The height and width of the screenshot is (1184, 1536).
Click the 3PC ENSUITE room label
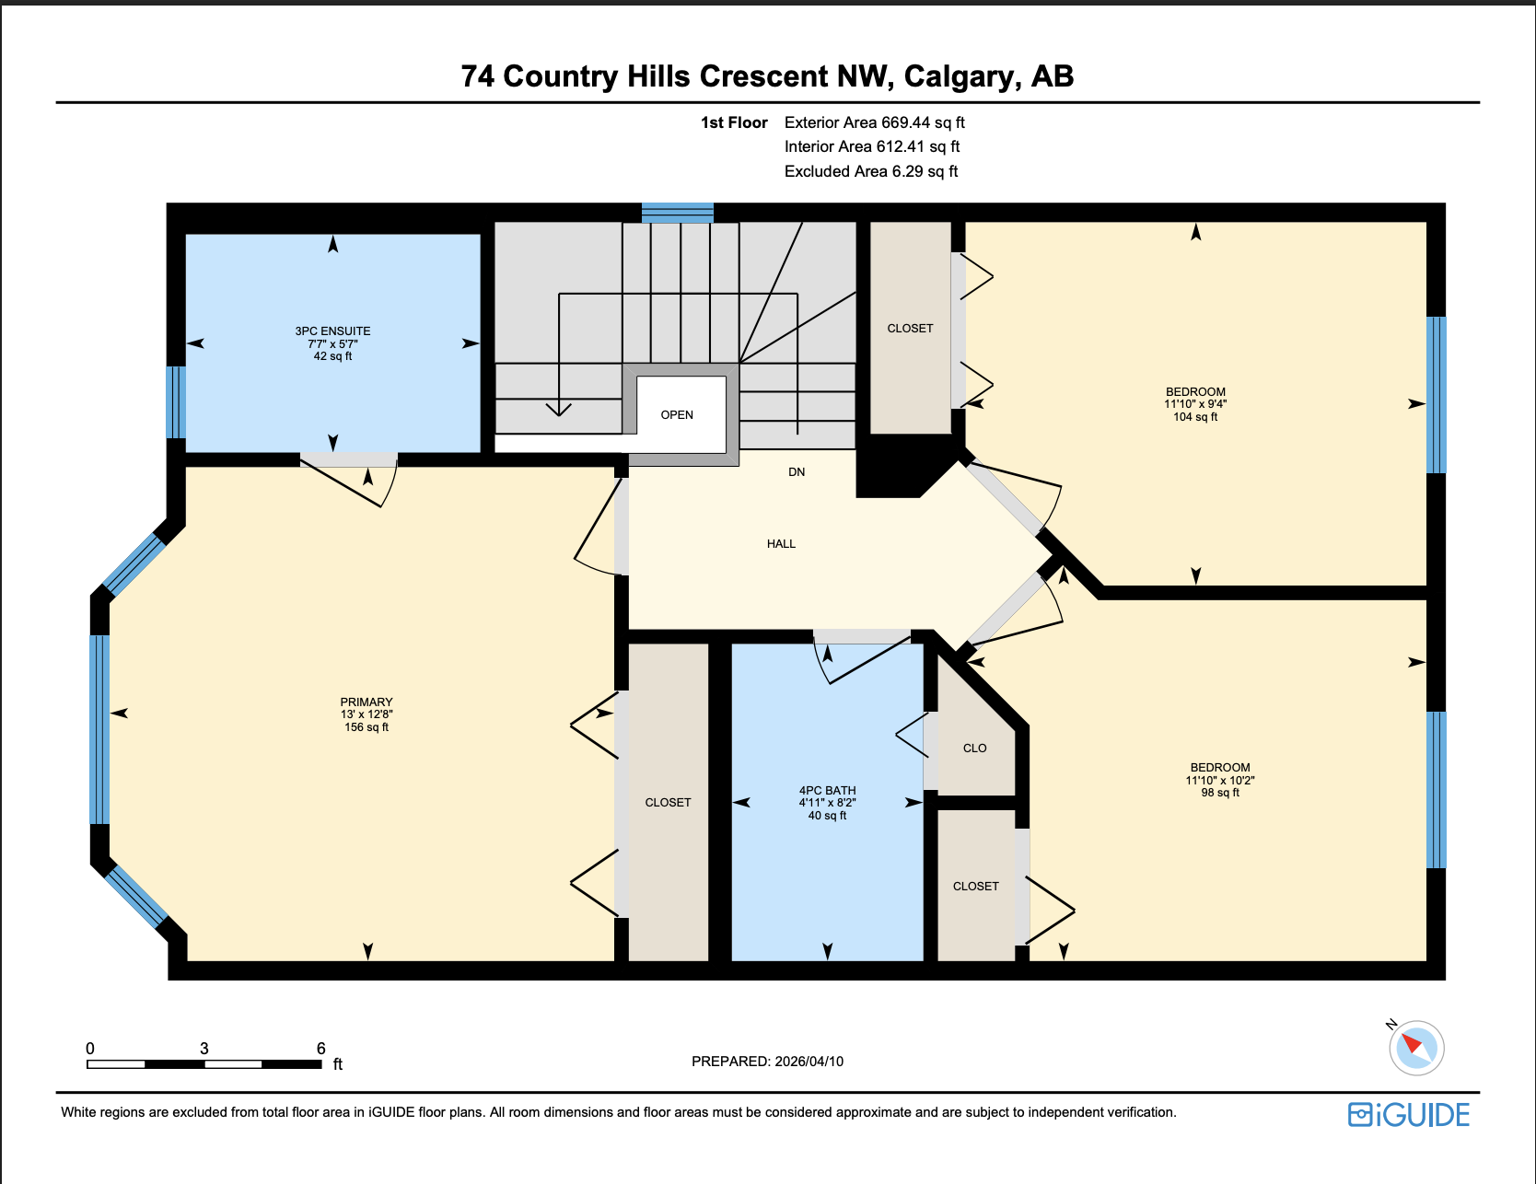[x=332, y=331]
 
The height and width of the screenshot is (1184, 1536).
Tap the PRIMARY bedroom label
[x=366, y=702]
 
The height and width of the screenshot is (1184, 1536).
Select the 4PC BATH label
[x=827, y=790]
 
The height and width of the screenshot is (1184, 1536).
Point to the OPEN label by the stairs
[x=677, y=415]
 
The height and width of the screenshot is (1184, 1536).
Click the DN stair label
[x=797, y=472]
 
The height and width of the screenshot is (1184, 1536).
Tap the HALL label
[x=781, y=544]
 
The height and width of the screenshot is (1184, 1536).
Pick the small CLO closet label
[x=974, y=749]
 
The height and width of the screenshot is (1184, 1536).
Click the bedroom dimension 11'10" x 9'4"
[x=1195, y=404]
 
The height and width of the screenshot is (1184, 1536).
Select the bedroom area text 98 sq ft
[x=1220, y=793]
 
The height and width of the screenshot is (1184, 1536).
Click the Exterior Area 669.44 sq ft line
[x=874, y=122]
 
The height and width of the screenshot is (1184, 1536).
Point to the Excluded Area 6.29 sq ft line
[x=870, y=171]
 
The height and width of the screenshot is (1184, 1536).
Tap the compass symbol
[x=1415, y=1048]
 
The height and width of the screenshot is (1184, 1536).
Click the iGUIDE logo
[x=1409, y=1115]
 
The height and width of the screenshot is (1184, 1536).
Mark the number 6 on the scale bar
[x=321, y=1049]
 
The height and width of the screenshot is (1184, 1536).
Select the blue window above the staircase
[x=678, y=213]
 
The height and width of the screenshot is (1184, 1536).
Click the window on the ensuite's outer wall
[x=176, y=402]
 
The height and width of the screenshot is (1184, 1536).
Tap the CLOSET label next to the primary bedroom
[x=668, y=803]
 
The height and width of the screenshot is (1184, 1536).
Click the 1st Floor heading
[x=734, y=122]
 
